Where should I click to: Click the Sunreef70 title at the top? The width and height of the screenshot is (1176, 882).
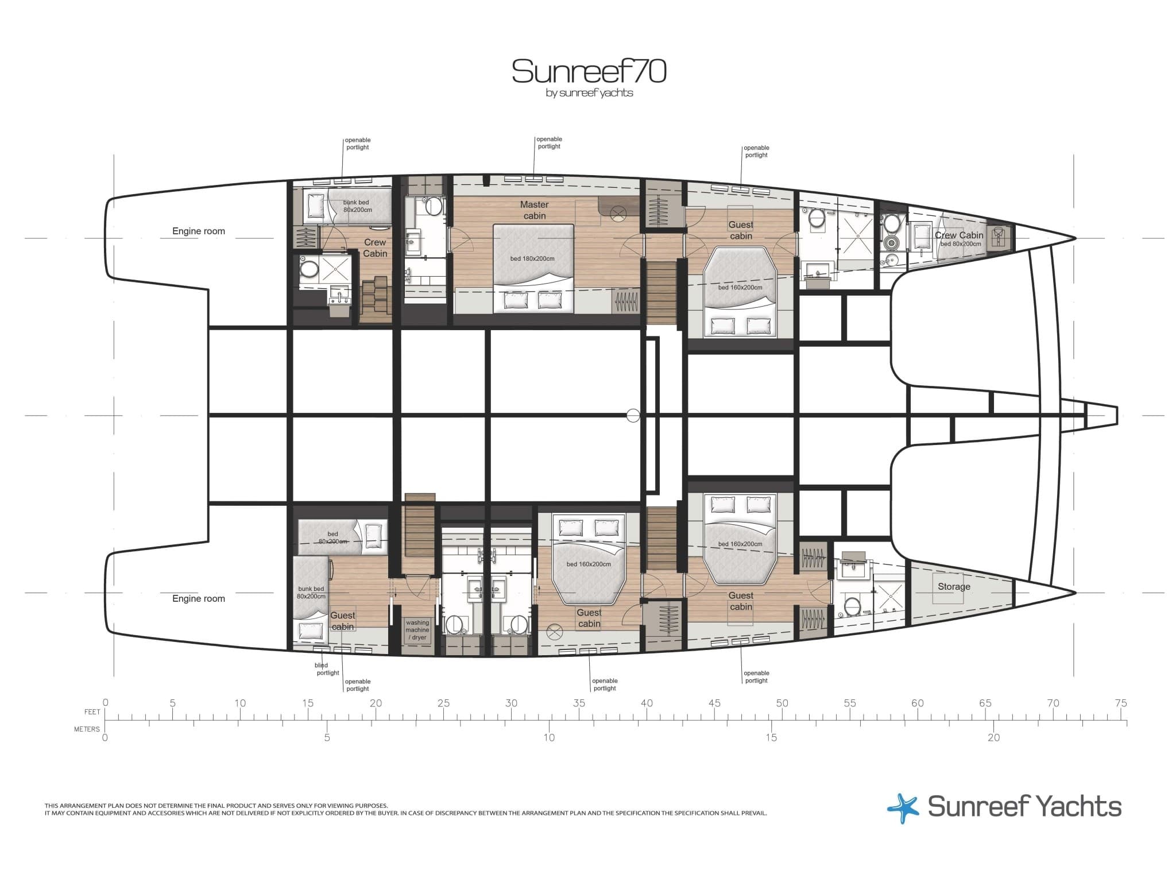(x=589, y=72)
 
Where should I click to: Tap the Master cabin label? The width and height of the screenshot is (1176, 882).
(x=534, y=210)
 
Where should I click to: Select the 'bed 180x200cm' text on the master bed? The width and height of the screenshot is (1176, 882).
(x=532, y=258)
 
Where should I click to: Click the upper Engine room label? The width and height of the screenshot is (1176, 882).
(x=199, y=231)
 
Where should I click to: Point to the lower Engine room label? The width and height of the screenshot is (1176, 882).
(x=199, y=598)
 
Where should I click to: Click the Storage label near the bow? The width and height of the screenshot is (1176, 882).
(x=954, y=586)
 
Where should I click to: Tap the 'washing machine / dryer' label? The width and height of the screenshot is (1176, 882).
(x=417, y=630)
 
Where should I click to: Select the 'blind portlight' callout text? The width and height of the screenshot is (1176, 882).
(x=327, y=669)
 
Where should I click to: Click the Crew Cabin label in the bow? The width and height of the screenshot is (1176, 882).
(x=959, y=235)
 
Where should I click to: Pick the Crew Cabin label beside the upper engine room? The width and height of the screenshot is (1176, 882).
(x=375, y=248)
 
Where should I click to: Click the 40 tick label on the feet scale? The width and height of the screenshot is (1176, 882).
(x=647, y=703)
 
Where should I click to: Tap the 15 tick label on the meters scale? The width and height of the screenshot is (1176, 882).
(x=771, y=738)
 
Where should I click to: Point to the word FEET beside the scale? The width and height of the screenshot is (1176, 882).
(x=92, y=712)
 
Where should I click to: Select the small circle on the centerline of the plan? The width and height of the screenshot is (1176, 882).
(x=633, y=415)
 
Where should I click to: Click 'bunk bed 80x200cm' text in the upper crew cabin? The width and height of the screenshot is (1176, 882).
(x=357, y=206)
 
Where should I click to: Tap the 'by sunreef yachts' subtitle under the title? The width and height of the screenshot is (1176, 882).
(x=589, y=93)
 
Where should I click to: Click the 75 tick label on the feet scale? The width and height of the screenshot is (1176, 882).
(x=1120, y=703)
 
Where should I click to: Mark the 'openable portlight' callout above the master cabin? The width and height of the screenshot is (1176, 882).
(x=549, y=143)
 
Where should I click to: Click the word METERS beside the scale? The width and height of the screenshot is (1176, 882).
(x=87, y=729)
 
